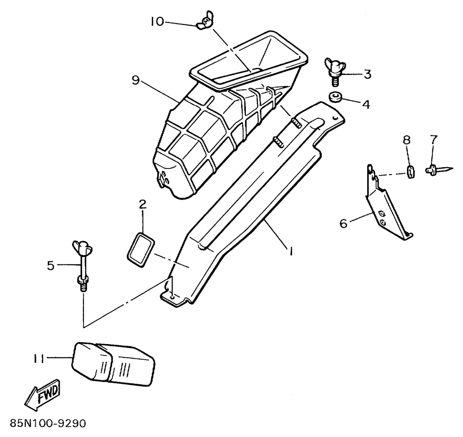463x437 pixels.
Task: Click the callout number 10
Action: tap(157, 21)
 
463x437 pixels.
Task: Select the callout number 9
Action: tap(135, 80)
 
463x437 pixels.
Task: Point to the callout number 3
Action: tap(367, 74)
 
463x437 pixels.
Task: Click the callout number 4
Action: tap(366, 105)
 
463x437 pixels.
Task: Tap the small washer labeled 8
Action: tap(410, 171)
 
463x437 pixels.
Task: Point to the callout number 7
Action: tap(434, 139)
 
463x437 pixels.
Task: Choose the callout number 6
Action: tap(343, 224)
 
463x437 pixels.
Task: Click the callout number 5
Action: tap(51, 265)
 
